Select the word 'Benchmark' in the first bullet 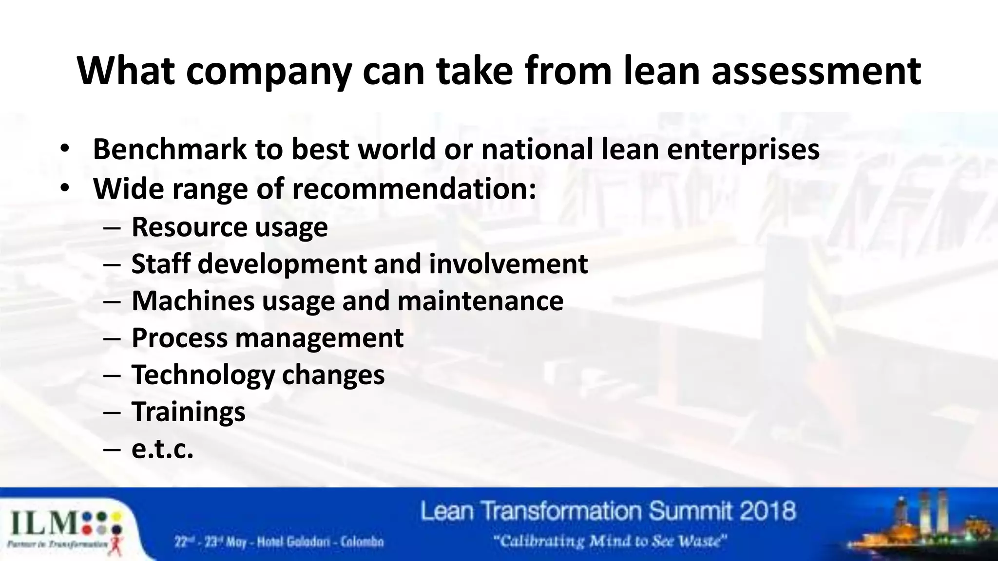pyautogui.click(x=170, y=149)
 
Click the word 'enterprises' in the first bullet pyautogui.click(x=743, y=150)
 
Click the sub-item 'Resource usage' pyautogui.click(x=230, y=227)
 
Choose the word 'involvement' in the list pyautogui.click(x=508, y=263)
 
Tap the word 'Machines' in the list pyautogui.click(x=193, y=300)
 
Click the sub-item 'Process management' pyautogui.click(x=268, y=338)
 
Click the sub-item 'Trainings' pyautogui.click(x=189, y=412)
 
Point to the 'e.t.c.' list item pyautogui.click(x=162, y=449)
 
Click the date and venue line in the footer pyautogui.click(x=280, y=542)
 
